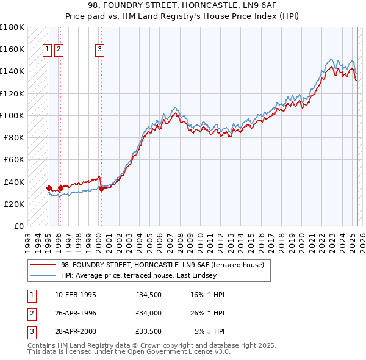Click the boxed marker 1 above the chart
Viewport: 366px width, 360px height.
48,50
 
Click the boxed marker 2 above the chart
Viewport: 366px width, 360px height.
59,50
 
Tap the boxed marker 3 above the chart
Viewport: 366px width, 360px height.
99,50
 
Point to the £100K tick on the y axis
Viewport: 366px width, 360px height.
12,115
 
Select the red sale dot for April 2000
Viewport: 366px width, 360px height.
101,189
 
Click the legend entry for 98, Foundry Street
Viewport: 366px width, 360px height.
162,265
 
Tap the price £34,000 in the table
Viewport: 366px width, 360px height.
149,313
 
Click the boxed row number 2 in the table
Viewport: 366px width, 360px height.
31,313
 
